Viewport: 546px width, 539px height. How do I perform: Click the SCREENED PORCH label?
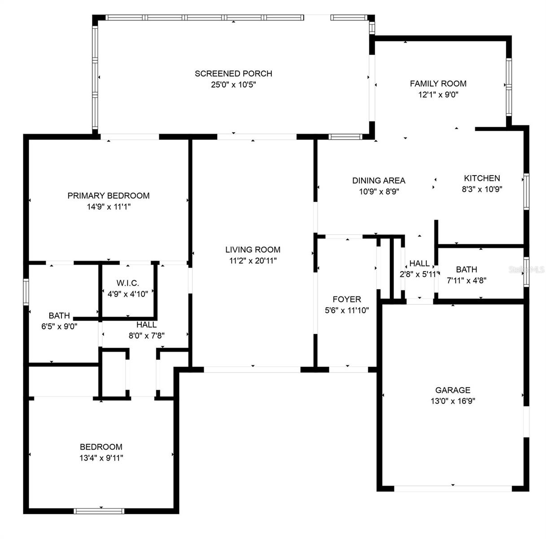(x=233, y=74)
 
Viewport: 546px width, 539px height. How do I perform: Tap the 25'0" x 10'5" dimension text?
(x=233, y=84)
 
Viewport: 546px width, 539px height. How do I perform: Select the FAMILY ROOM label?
(x=438, y=84)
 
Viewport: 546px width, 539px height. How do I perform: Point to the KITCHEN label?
(x=482, y=178)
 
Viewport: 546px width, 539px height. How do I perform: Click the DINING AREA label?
(x=379, y=181)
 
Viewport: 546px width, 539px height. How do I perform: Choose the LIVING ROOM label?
(x=253, y=250)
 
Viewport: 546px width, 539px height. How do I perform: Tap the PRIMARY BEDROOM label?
(x=109, y=195)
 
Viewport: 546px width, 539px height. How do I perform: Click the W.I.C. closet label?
(x=127, y=283)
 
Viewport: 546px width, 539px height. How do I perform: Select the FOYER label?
(x=347, y=299)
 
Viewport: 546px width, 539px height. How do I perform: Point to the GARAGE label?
(x=453, y=390)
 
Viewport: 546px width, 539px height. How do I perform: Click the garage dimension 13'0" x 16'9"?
(x=453, y=401)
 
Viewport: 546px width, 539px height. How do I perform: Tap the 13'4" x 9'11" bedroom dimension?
(x=101, y=458)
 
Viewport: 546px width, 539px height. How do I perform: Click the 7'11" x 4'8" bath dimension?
(x=467, y=280)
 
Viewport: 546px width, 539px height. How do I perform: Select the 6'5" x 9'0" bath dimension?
(x=59, y=326)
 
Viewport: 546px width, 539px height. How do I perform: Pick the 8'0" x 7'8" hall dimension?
(x=147, y=336)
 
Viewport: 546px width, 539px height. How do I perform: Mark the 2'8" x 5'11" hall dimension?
(x=419, y=274)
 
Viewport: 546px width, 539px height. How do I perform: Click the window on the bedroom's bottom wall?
(x=99, y=511)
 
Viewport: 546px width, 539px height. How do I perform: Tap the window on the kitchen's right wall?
(x=526, y=191)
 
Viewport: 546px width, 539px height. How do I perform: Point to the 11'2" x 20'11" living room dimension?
(x=253, y=261)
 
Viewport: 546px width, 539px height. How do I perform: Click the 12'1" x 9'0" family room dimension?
(x=438, y=94)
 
